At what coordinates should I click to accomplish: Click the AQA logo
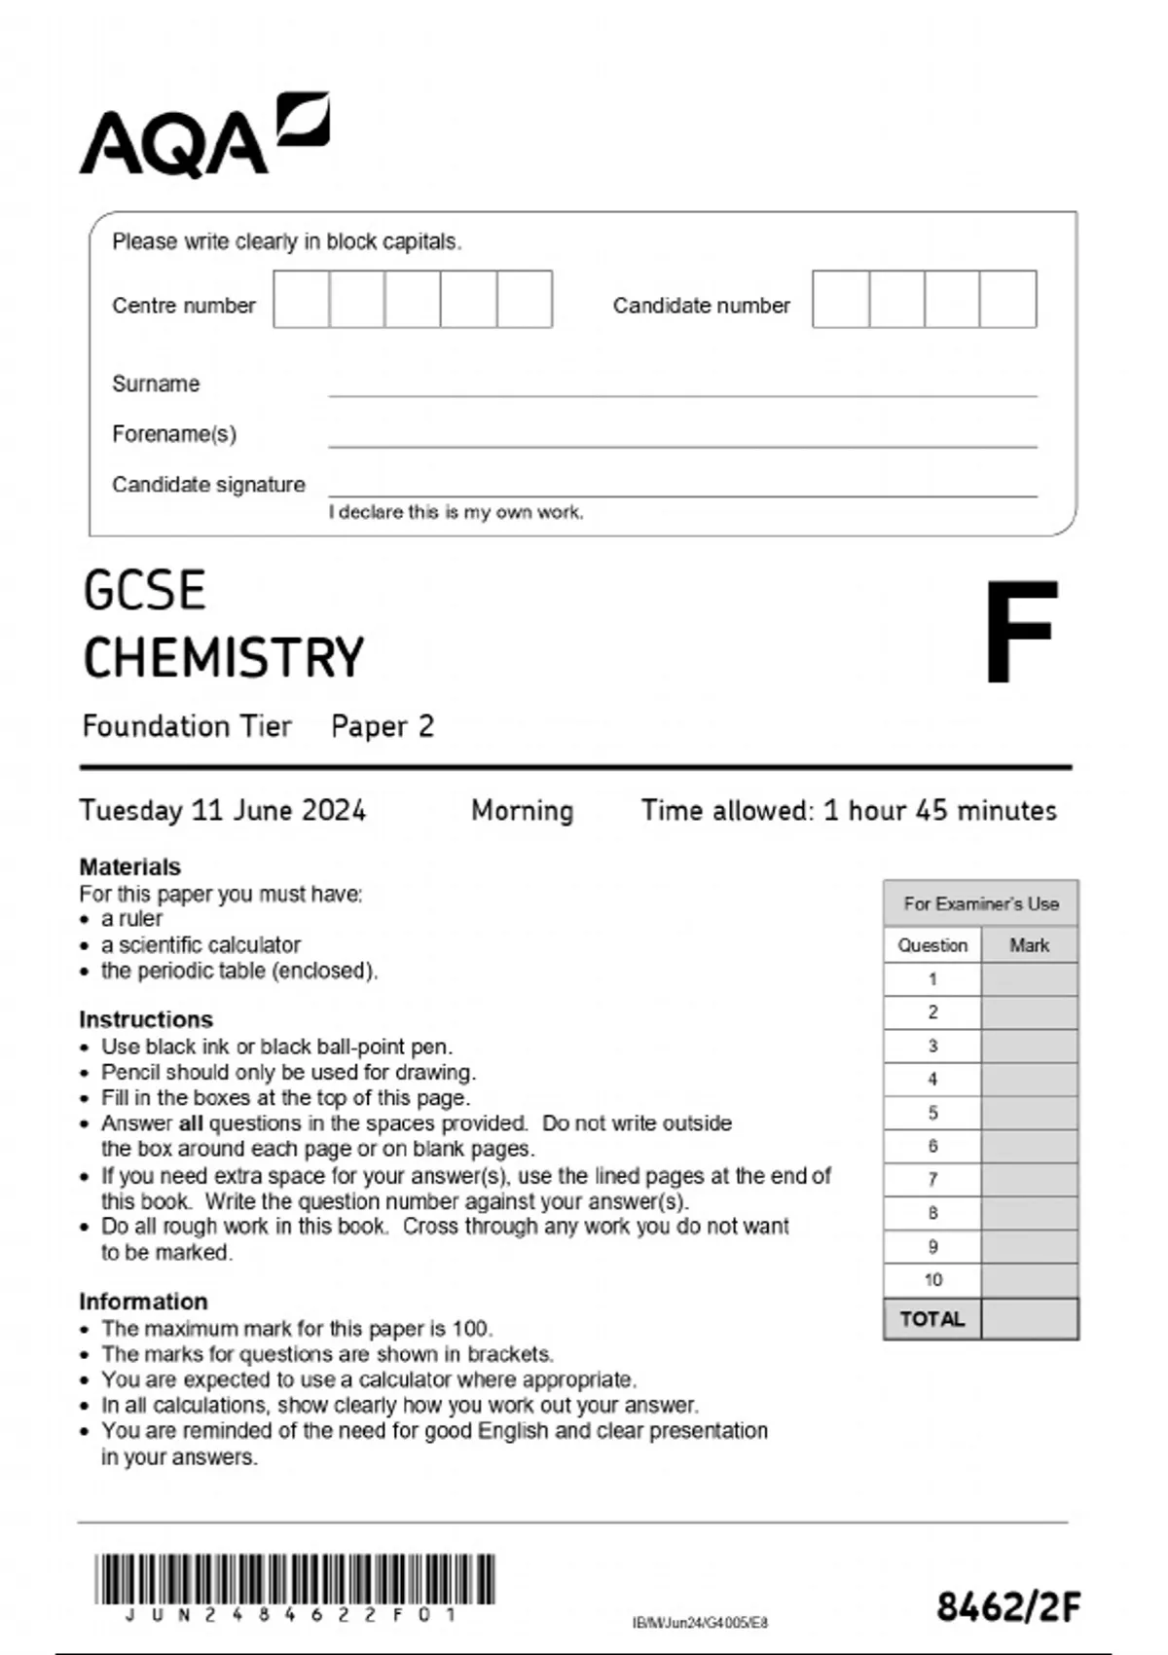pos(204,136)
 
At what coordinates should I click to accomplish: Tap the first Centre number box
pos(302,299)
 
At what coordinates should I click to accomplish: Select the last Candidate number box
pos(1008,299)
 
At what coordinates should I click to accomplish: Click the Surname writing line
pos(681,387)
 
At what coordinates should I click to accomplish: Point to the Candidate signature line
pos(681,488)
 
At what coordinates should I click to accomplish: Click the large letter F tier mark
pos(1020,632)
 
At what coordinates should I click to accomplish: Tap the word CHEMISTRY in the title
pos(224,658)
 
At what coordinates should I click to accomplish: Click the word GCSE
pos(145,591)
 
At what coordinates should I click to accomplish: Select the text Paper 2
pos(383,726)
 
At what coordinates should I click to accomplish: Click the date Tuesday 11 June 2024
pos(223,811)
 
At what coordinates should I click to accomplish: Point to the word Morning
pos(522,811)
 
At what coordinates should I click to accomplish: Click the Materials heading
pos(129,866)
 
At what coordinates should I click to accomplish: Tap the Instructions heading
pos(146,1019)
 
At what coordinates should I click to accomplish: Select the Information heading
pos(143,1302)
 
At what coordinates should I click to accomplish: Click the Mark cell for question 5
pos(1029,1113)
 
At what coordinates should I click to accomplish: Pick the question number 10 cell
pos(932,1280)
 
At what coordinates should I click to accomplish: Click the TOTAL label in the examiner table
pos(931,1319)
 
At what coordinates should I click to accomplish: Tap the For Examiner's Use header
pos(980,903)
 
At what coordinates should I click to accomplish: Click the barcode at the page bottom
pos(295,1579)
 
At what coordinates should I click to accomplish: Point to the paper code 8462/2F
pos(1008,1607)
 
